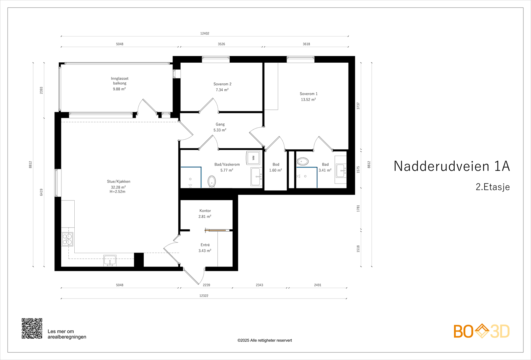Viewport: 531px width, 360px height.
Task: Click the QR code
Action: [32, 328]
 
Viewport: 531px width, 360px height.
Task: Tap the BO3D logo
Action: [482, 331]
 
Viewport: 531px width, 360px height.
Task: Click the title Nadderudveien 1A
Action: [451, 166]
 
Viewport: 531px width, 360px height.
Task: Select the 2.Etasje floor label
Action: [493, 187]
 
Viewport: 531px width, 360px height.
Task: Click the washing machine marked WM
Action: [253, 158]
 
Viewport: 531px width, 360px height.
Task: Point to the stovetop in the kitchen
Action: [67, 239]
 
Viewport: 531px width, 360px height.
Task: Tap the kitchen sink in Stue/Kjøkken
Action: [110, 260]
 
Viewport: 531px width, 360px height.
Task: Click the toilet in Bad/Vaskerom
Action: [211, 181]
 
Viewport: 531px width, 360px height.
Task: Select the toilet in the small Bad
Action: [302, 162]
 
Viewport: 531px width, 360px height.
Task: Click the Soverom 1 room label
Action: [308, 94]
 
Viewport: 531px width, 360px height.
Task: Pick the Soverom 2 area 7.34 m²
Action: [222, 90]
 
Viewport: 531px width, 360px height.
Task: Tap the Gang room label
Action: [220, 124]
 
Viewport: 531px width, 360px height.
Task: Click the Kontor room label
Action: [205, 211]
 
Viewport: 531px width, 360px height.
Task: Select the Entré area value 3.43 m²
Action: [205, 251]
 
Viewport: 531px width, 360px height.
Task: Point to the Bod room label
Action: [276, 165]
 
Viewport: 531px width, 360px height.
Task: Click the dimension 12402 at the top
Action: [205, 34]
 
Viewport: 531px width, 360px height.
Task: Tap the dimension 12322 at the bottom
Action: [204, 296]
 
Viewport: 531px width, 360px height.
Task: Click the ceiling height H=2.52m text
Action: [117, 192]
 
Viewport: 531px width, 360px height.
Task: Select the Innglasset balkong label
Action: [119, 81]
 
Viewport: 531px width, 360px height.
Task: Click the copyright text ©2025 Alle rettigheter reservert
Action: [265, 340]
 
